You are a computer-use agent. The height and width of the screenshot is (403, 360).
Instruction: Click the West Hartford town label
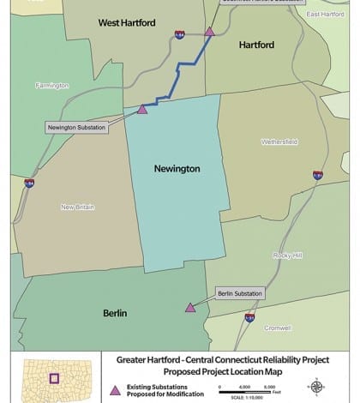[x=127, y=22]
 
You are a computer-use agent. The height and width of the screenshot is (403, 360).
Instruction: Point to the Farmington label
[x=51, y=85]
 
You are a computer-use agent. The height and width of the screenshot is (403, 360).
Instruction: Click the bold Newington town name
[x=177, y=169]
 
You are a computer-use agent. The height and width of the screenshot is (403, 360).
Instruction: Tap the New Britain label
[x=78, y=207]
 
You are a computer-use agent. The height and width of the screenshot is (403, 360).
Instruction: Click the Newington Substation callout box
[x=77, y=128]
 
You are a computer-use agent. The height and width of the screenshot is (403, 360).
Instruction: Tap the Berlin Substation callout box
[x=240, y=292]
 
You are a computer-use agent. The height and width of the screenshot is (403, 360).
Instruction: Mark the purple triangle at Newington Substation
[x=143, y=109]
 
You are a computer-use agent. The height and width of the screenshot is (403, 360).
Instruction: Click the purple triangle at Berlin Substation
[x=190, y=307]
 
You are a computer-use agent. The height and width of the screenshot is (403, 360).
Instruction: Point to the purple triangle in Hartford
[x=210, y=32]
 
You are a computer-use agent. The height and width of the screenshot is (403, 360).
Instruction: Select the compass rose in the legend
[x=315, y=387]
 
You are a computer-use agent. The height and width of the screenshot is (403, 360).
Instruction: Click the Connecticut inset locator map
[x=54, y=379]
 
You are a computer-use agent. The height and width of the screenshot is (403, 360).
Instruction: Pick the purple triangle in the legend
[x=116, y=390]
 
